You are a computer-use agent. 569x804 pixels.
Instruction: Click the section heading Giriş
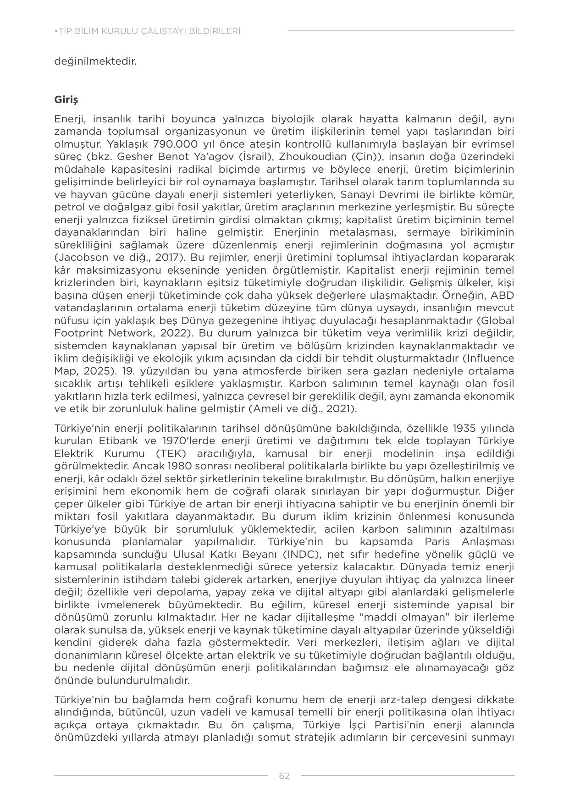(66, 99)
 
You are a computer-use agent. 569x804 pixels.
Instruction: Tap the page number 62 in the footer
(284, 776)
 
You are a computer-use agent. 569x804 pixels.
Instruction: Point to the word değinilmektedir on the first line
(95, 61)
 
